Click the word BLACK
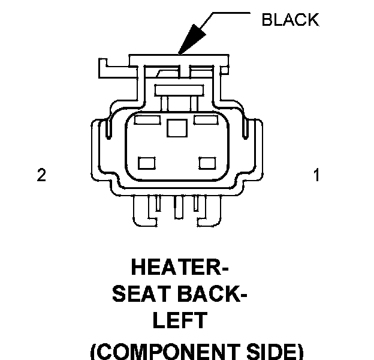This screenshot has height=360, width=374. pyautogui.click(x=291, y=20)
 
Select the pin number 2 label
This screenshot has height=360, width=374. pyautogui.click(x=41, y=175)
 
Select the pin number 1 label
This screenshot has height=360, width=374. pyautogui.click(x=316, y=175)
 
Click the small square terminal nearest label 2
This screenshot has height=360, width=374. pyautogui.click(x=146, y=163)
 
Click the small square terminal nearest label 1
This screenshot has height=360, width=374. pyautogui.click(x=207, y=163)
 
